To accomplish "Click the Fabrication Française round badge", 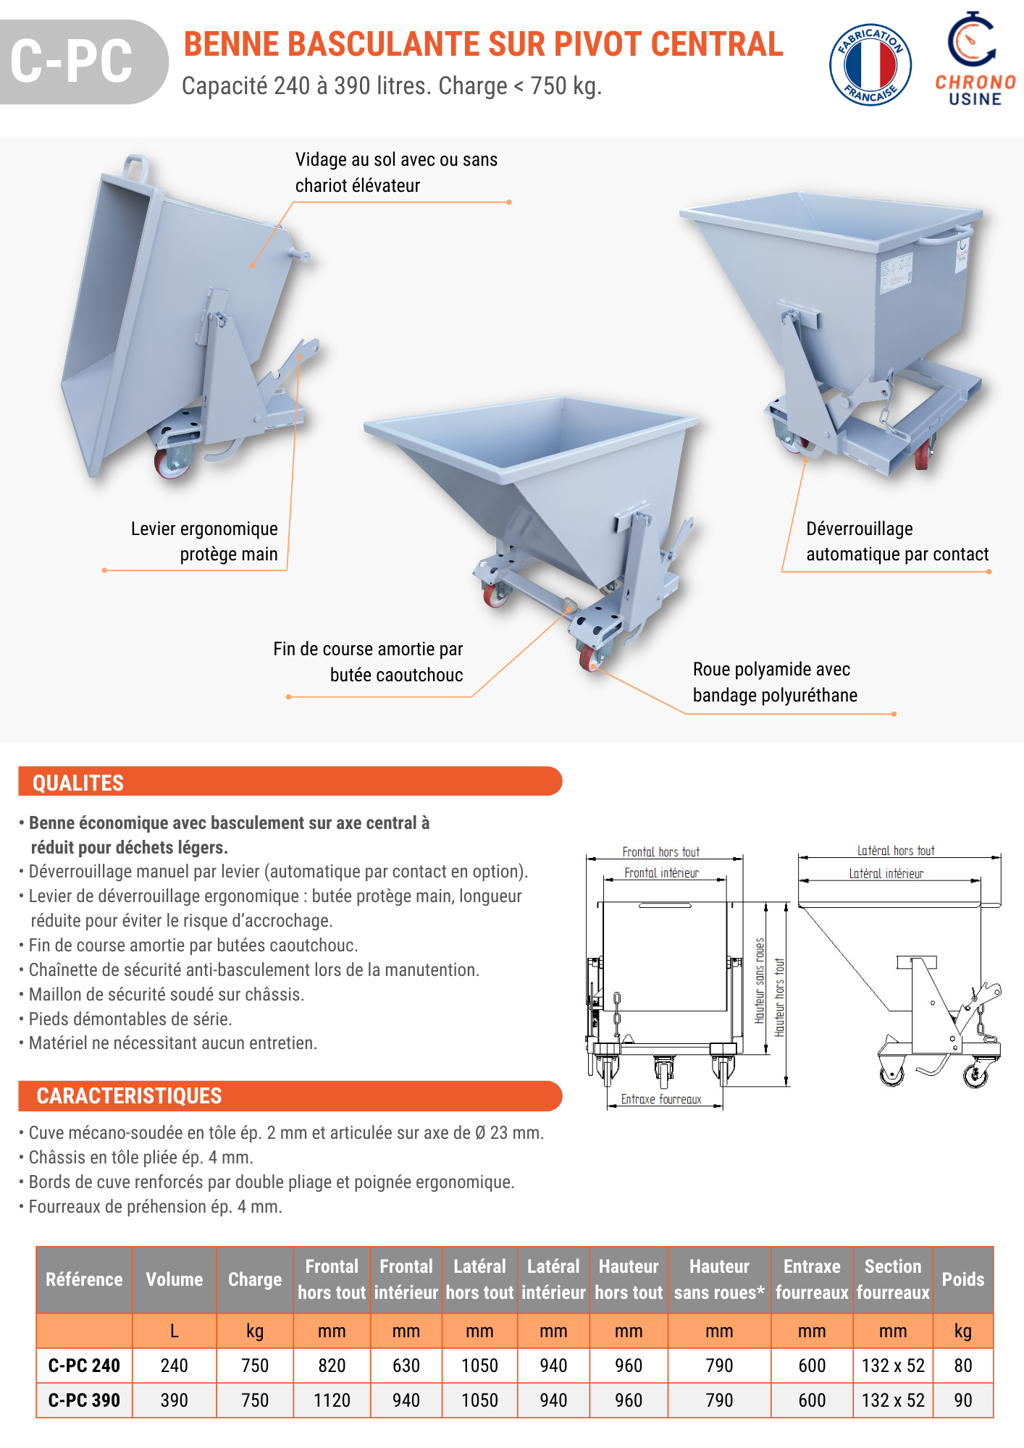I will (870, 64).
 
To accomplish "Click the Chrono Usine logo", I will (975, 59).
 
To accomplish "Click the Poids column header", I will (962, 1279).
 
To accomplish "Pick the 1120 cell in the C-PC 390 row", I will (332, 1400).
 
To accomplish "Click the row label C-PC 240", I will (84, 1365).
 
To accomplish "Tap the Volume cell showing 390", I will (174, 1400).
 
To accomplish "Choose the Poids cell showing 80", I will (962, 1365).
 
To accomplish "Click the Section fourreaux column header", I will (892, 1279).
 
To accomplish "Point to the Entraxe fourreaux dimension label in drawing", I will (661, 1100).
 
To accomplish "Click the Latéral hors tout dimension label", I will (896, 851).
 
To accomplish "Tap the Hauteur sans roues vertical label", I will (760, 980).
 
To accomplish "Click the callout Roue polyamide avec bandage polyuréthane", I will (774, 682).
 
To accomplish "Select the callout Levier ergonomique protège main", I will (204, 542).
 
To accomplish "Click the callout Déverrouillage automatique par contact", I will (897, 542).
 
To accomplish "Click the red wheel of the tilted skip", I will (171, 463).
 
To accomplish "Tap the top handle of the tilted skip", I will (136, 167).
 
